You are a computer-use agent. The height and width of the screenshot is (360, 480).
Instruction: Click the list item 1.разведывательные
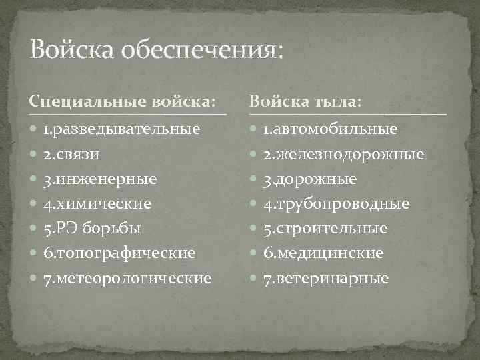pyautogui.click(x=120, y=129)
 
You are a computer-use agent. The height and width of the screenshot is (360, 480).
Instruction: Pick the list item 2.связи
pyautogui.click(x=72, y=154)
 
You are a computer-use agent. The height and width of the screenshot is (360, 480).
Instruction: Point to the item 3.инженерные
pyautogui.click(x=100, y=179)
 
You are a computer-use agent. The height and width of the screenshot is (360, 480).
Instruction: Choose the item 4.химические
pyautogui.click(x=97, y=203)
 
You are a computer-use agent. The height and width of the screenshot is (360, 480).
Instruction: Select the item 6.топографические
pyautogui.click(x=119, y=253)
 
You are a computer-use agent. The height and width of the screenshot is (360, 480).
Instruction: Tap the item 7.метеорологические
pyautogui.click(x=127, y=278)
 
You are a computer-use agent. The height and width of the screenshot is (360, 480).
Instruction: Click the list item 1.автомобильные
pyautogui.click(x=330, y=129)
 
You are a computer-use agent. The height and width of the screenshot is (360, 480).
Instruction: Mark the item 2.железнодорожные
pyautogui.click(x=343, y=154)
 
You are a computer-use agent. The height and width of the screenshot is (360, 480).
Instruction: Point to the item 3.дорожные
pyautogui.click(x=309, y=179)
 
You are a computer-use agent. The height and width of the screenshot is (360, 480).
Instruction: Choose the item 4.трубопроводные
pyautogui.click(x=335, y=203)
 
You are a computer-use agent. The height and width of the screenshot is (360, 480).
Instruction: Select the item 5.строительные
pyautogui.click(x=325, y=228)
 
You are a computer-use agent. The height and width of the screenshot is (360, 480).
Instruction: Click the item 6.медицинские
pyautogui.click(x=323, y=253)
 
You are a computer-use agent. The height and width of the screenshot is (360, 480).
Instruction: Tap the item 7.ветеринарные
pyautogui.click(x=325, y=278)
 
